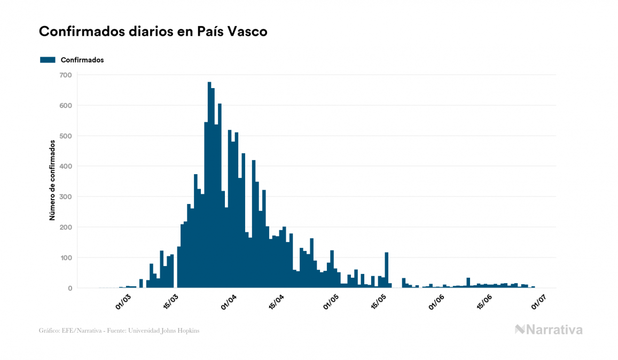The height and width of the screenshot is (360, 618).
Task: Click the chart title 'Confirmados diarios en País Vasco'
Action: coord(153,32)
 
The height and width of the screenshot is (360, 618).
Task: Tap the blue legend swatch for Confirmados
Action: coord(48,60)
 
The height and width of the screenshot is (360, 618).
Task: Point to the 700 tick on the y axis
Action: coord(66,75)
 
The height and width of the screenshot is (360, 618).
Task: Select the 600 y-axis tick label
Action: coord(66,105)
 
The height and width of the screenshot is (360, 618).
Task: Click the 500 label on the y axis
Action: coord(66,136)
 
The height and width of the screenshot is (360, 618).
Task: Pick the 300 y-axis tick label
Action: coord(66,197)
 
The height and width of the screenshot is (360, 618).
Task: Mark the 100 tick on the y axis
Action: coord(66,257)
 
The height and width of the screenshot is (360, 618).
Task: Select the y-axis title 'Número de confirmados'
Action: coord(52,180)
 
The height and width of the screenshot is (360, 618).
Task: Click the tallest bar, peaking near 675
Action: coord(209,187)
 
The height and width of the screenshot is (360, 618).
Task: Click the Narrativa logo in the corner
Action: coord(549,330)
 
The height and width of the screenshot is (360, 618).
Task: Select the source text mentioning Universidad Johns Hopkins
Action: coord(119,331)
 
